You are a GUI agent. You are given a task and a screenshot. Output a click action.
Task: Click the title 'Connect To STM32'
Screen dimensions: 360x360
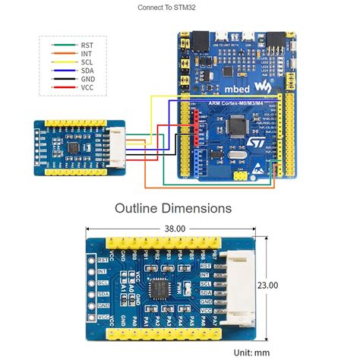[171, 8]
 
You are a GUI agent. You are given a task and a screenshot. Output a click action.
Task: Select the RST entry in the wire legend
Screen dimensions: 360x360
[87, 46]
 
